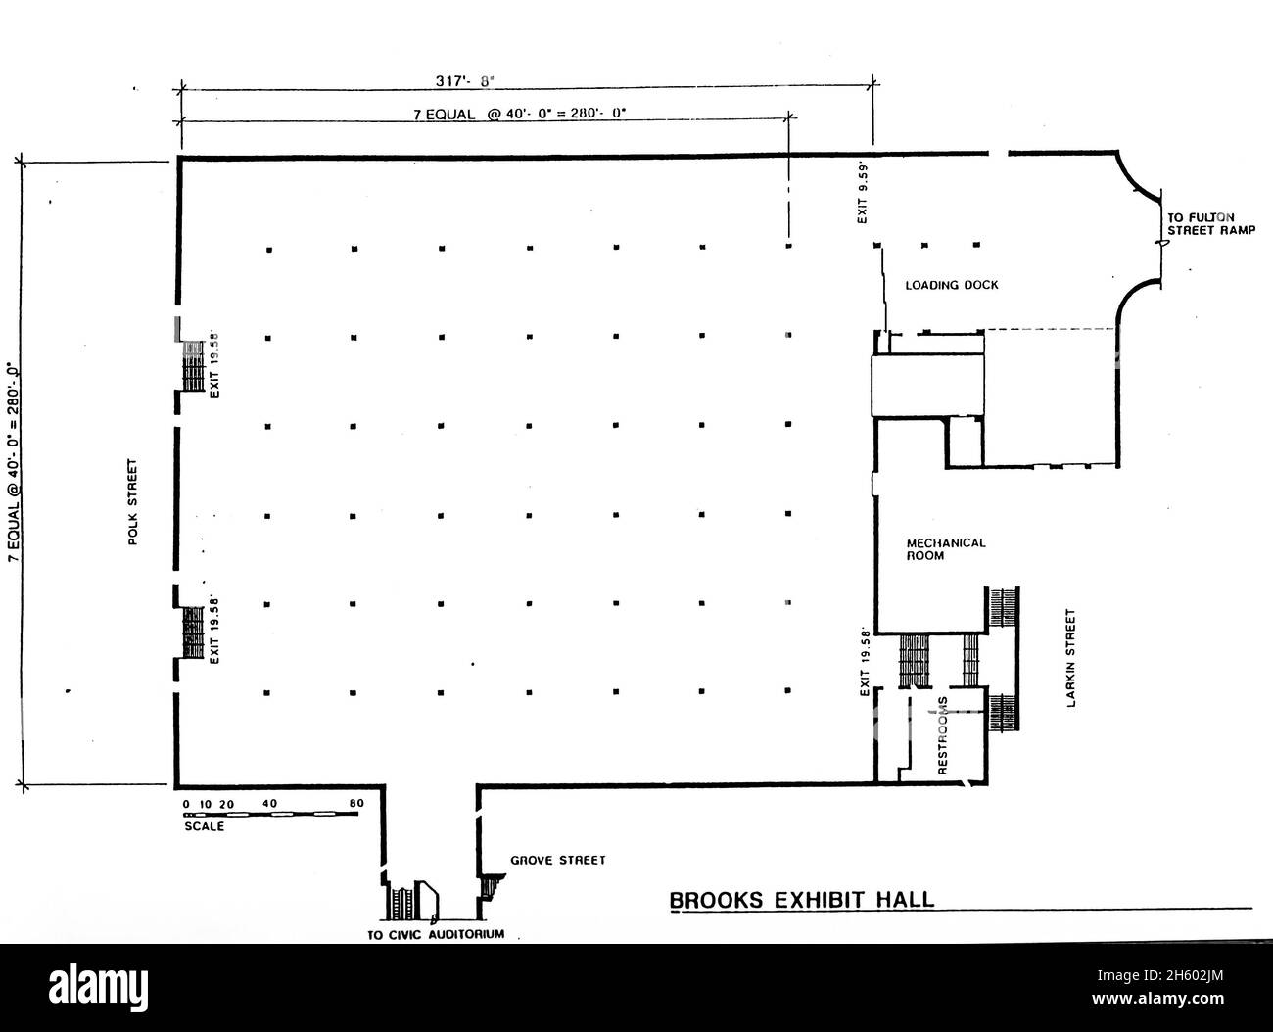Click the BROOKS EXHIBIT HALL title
tap(801, 900)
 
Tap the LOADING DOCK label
tap(951, 286)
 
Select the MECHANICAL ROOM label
tap(945, 549)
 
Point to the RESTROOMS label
tap(943, 736)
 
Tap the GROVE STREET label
tap(558, 861)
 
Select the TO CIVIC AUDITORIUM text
tap(436, 934)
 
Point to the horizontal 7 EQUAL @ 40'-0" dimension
tap(519, 113)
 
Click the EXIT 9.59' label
tap(863, 192)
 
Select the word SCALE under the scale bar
tap(204, 826)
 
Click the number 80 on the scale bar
tap(356, 804)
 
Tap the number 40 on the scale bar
tap(270, 804)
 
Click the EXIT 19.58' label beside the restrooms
tap(865, 662)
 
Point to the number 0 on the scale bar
tap(185, 804)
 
